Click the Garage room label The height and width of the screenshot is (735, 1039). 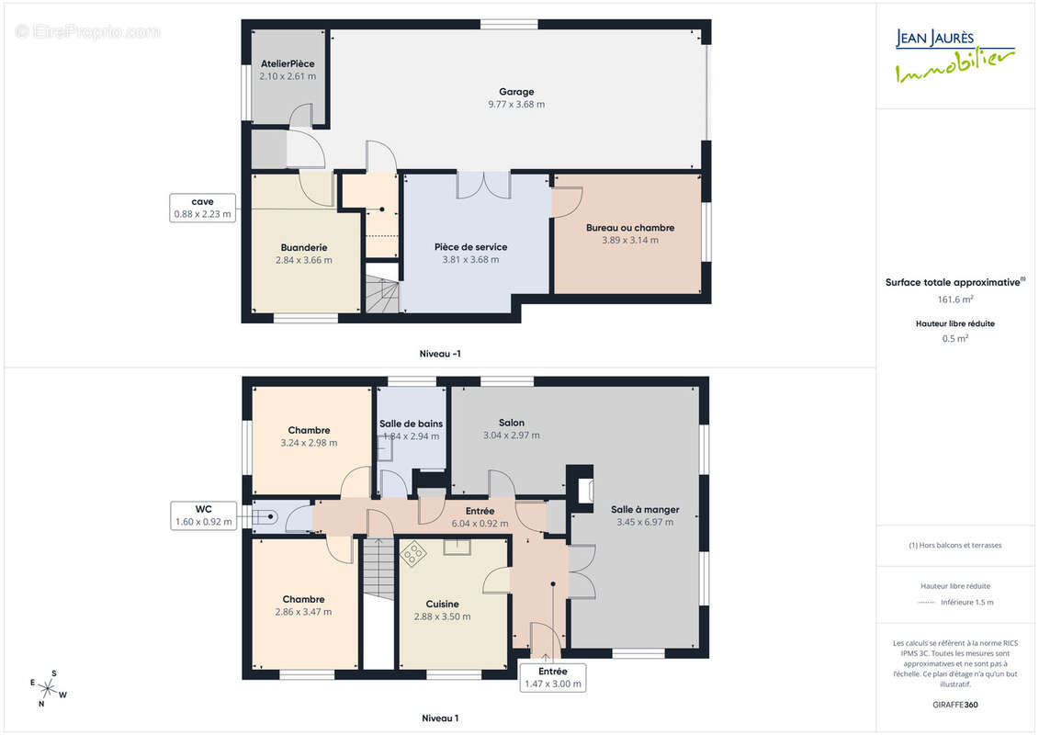tap(516, 92)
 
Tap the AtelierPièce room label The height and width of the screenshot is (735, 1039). tap(288, 63)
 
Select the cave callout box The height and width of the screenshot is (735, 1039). tap(203, 209)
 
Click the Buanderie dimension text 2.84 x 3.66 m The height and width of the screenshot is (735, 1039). tap(303, 260)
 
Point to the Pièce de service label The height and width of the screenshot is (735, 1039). tap(470, 247)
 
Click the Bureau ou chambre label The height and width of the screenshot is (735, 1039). tap(630, 228)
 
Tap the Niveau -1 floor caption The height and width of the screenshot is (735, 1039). tap(440, 354)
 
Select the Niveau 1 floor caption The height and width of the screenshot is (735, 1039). tap(440, 718)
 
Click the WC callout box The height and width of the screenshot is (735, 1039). tap(203, 515)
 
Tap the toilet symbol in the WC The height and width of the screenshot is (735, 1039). tap(265, 516)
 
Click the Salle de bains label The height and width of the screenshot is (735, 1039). tap(411, 424)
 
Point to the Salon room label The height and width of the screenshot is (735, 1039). tap(512, 423)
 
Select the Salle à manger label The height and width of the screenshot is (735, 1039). tap(645, 510)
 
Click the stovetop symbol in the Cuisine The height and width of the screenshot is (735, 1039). tap(412, 554)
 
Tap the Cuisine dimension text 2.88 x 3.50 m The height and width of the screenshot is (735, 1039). tap(442, 617)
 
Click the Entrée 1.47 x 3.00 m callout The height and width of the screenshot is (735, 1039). tap(553, 678)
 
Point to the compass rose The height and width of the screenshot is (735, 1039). tap(48, 689)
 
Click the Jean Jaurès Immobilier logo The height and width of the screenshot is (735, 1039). tap(954, 56)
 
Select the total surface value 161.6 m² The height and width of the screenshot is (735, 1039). tap(954, 300)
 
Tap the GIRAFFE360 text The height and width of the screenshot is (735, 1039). tap(954, 706)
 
